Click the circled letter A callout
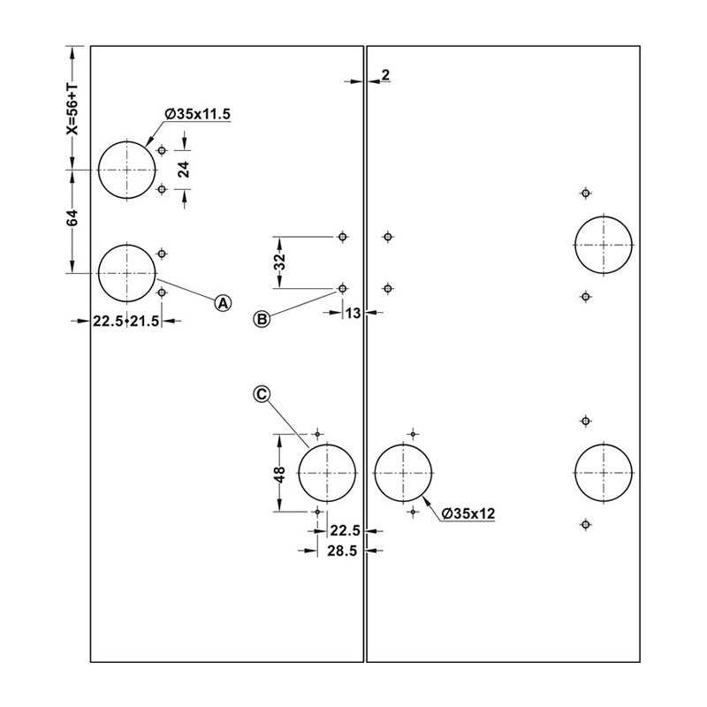coord(223,303)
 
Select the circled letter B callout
coord(262,319)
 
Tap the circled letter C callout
coord(262,394)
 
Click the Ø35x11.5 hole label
coord(197,114)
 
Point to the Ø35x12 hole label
coord(468,513)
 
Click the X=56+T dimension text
coord(72,109)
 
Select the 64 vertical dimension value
coord(72,217)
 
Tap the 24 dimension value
coord(184,169)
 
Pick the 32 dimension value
coord(280,262)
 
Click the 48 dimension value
coord(279,474)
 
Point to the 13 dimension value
coord(353,313)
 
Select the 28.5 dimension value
coord(342,551)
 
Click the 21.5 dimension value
coord(144,322)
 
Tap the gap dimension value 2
coord(385,75)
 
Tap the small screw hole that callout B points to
coord(343,288)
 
